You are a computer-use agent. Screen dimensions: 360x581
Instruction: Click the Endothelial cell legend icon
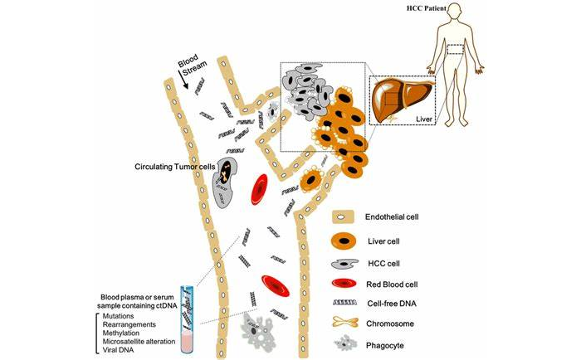click(348, 217)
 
